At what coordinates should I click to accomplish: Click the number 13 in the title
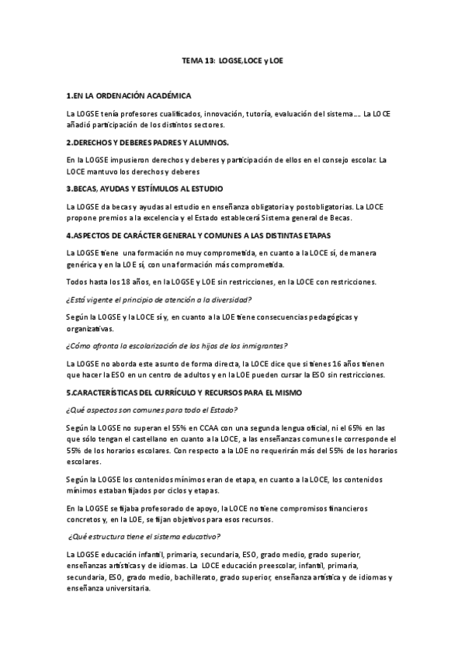[210, 59]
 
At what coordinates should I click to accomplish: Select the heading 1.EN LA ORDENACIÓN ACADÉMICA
[129, 95]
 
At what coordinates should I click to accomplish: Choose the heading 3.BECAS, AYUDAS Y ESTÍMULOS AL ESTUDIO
[145, 189]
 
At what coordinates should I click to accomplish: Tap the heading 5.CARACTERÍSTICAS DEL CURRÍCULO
[183, 393]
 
